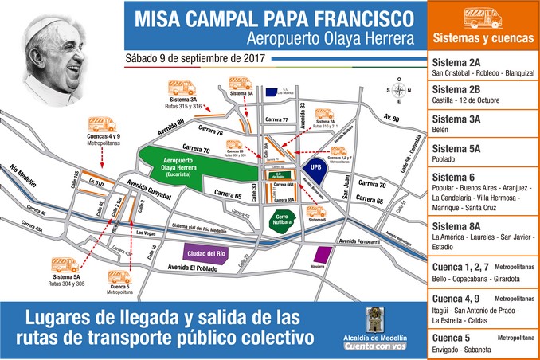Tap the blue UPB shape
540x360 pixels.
tap(316, 169)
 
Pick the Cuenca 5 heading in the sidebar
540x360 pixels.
tap(451, 337)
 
